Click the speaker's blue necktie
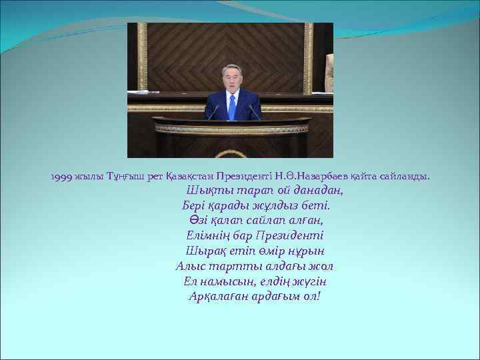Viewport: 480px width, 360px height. click(x=231, y=107)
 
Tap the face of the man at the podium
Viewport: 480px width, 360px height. click(x=231, y=82)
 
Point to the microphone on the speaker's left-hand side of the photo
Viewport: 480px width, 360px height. click(x=213, y=111)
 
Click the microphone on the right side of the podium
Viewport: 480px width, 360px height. click(x=254, y=111)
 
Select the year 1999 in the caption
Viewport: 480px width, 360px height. click(x=62, y=177)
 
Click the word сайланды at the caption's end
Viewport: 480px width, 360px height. click(x=407, y=177)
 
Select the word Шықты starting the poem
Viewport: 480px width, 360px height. click(x=203, y=190)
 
